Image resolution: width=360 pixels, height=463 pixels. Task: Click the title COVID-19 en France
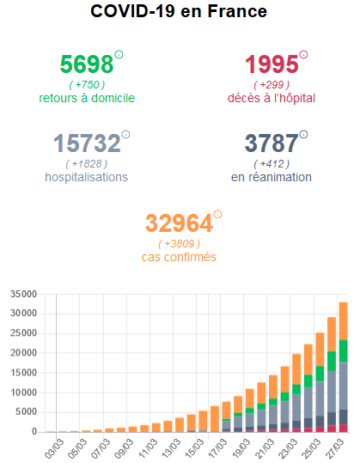coord(179,12)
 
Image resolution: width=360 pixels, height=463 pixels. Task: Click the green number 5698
coord(87,64)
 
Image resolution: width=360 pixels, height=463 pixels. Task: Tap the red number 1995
coord(272,64)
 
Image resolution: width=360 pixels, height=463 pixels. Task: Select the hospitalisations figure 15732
coord(86,143)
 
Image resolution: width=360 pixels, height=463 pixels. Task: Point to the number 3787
coord(272,143)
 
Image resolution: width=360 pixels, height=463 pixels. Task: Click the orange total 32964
coord(179,223)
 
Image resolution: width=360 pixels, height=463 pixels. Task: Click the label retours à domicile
coord(87,98)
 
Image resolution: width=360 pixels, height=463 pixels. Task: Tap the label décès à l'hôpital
coord(272,98)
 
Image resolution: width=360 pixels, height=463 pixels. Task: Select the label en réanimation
coord(272,177)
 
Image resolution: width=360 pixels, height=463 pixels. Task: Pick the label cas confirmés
coord(179,257)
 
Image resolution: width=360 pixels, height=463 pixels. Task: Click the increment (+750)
coord(87,84)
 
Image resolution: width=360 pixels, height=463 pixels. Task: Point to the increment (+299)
coord(272,84)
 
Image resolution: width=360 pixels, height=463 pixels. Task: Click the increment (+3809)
coord(179,243)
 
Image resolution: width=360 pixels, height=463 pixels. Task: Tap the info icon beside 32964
coord(217,214)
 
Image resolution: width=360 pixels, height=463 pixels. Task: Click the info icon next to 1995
coord(303,55)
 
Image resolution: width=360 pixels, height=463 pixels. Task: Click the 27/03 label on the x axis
coord(338,449)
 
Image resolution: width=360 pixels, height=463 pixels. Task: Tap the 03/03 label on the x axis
coord(54,449)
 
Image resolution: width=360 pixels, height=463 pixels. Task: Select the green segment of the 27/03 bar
coord(342,350)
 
